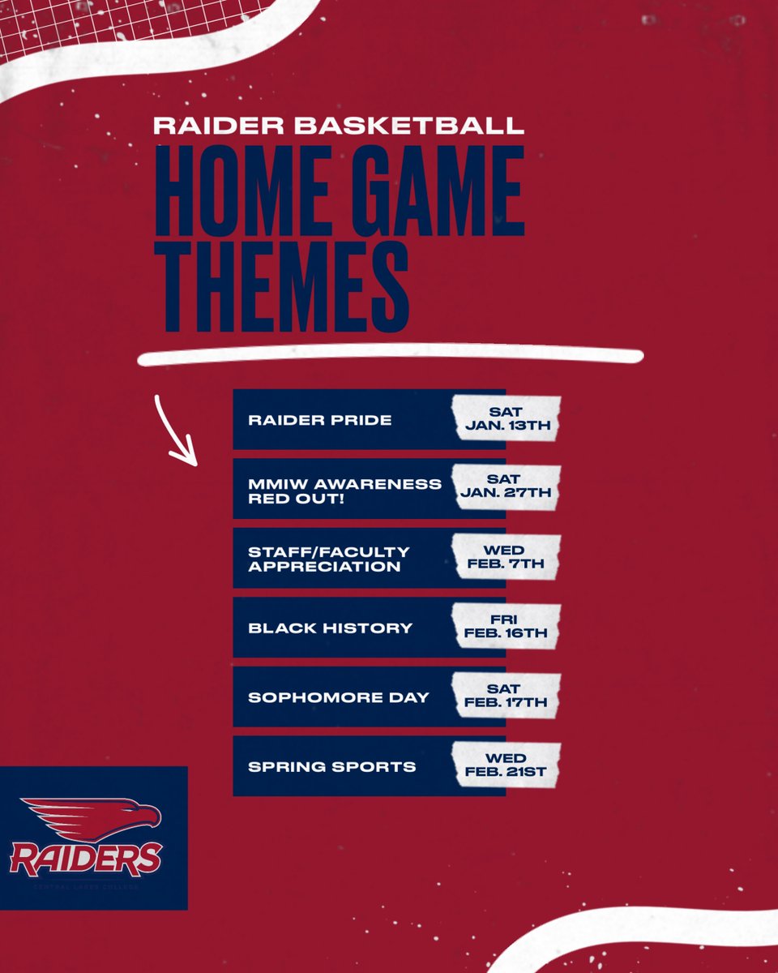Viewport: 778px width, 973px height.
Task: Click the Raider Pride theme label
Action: click(319, 420)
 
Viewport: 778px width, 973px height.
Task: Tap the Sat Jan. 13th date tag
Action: click(507, 419)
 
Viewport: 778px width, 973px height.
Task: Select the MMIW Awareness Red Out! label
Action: click(344, 490)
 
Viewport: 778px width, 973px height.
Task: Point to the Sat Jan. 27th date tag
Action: click(507, 489)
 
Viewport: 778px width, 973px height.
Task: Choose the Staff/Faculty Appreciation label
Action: click(328, 559)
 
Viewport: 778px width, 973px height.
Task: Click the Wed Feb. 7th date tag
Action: click(507, 559)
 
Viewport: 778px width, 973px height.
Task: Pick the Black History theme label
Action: click(330, 628)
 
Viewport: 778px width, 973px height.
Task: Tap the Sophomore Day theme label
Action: click(338, 697)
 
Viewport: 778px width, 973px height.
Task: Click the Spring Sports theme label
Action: click(331, 767)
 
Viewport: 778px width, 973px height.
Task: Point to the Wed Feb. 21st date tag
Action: click(507, 766)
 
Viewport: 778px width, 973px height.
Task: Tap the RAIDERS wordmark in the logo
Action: click(86, 859)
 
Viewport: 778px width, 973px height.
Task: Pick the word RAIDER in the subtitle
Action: click(215, 126)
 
